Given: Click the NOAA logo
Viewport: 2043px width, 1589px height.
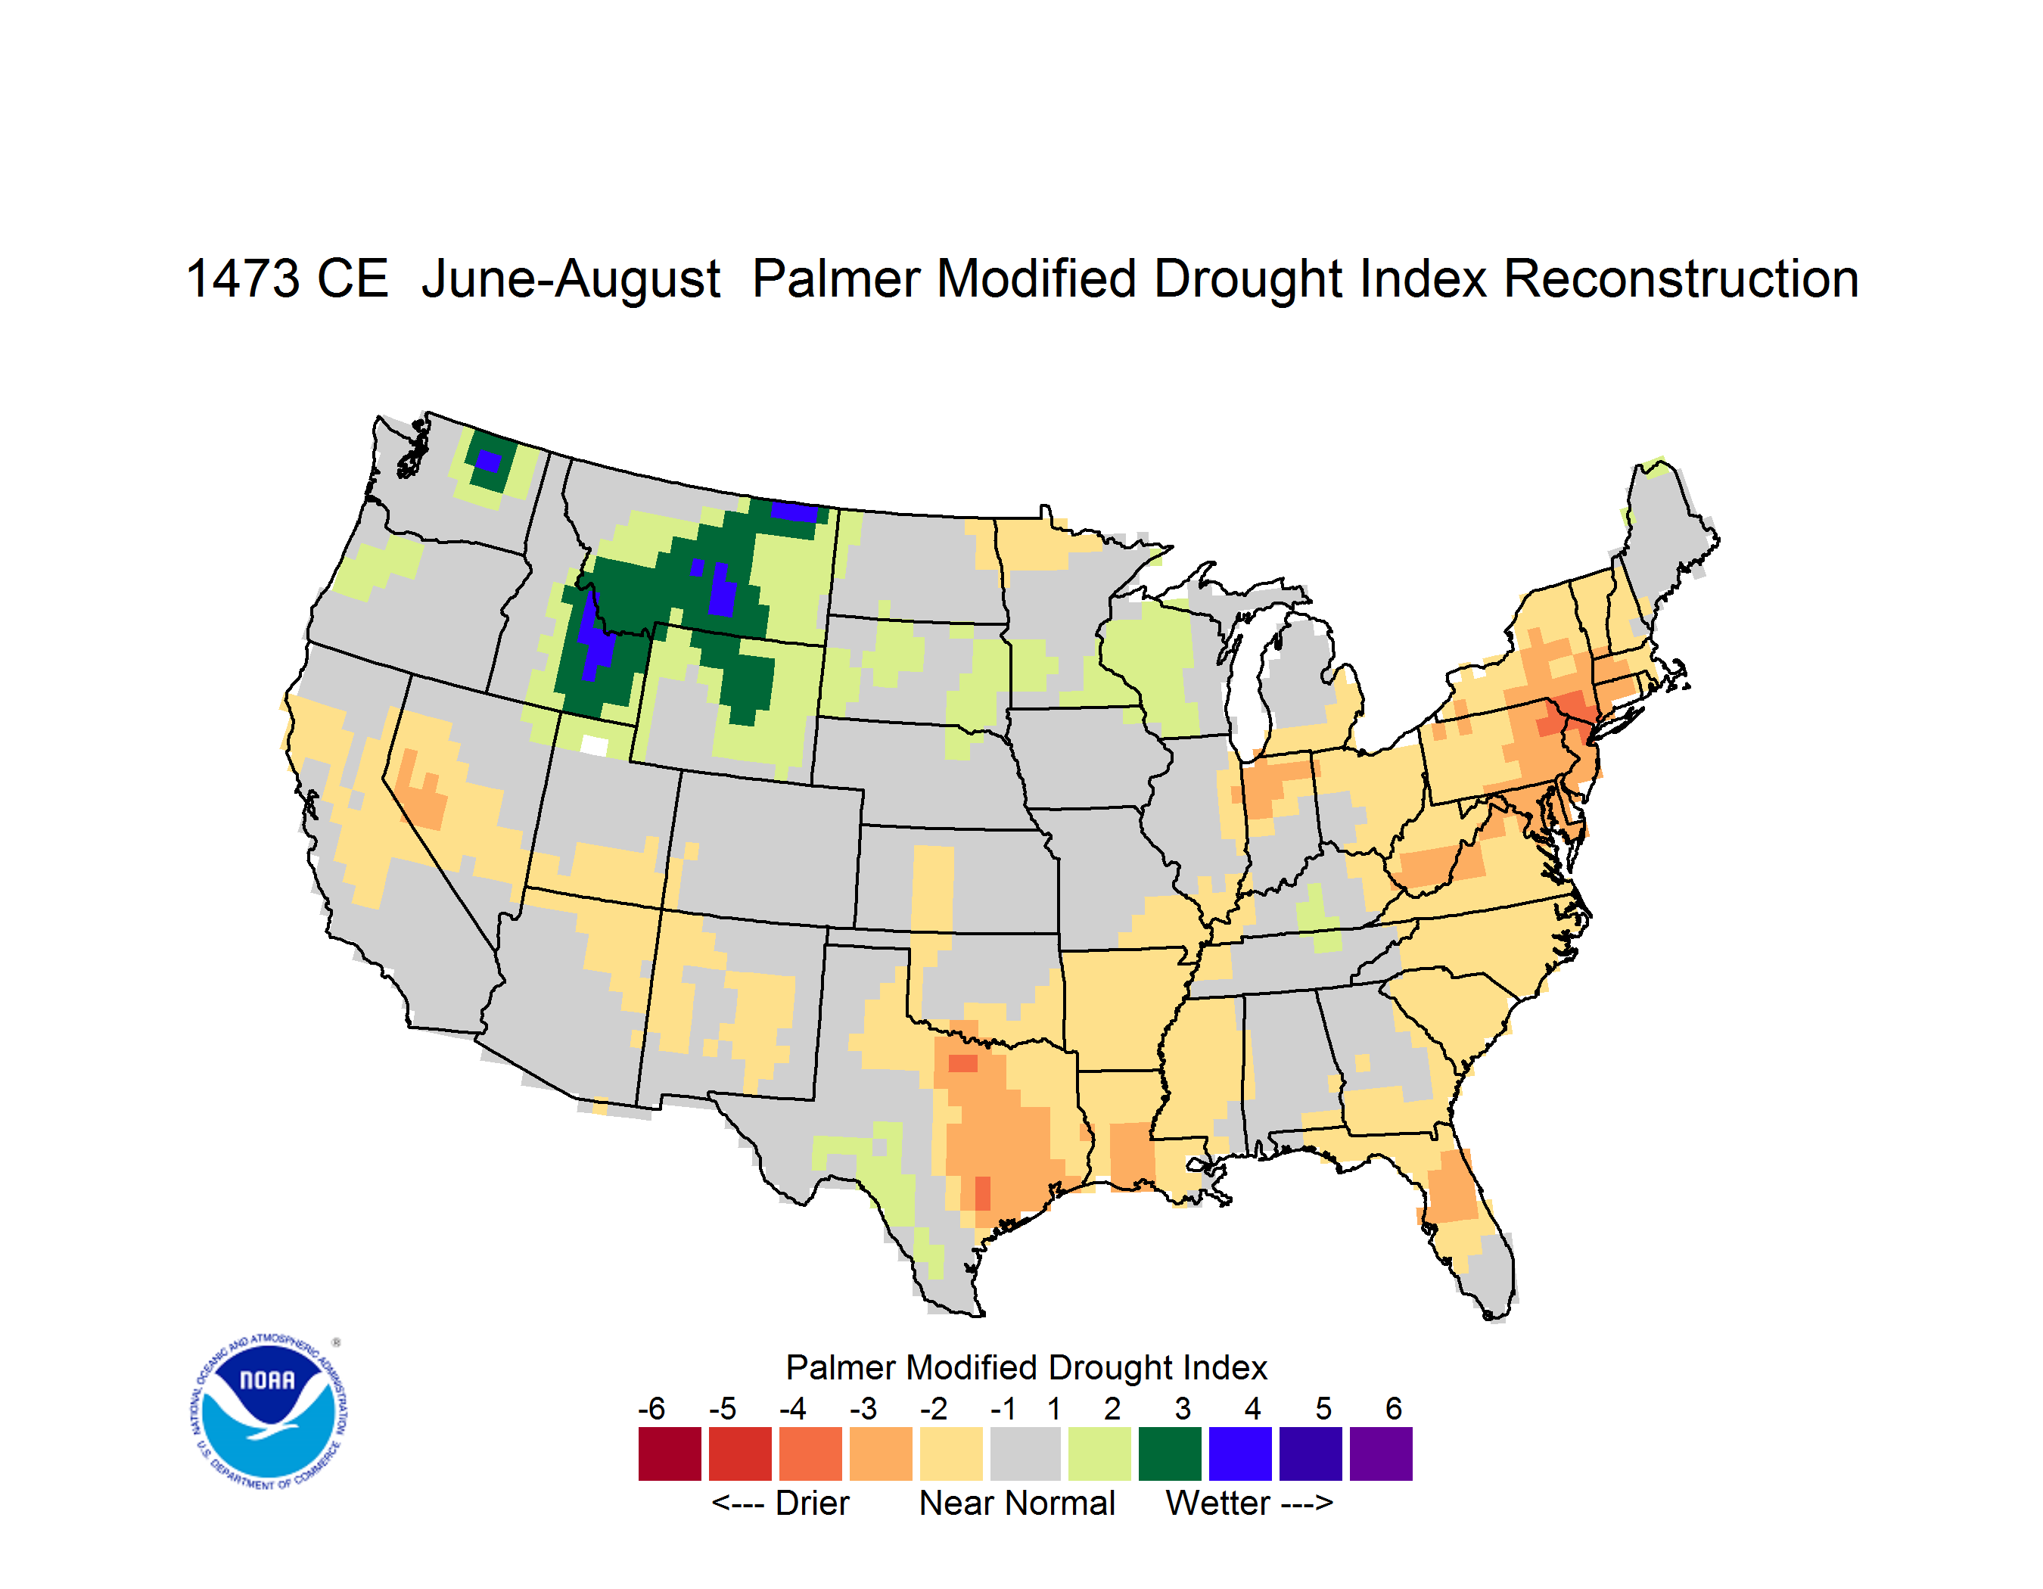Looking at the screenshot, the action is click(269, 1412).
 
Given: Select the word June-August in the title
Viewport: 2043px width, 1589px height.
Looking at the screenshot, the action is click(571, 281).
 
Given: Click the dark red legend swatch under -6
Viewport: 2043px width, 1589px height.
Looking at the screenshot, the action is click(670, 1454).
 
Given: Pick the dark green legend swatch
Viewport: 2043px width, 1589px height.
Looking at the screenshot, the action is click(1169, 1454).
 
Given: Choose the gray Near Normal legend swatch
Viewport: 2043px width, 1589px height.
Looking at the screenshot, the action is click(1025, 1454).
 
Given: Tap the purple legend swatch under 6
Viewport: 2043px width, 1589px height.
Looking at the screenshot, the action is click(1381, 1454).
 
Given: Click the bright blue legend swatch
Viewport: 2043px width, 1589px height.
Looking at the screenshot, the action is click(1240, 1454).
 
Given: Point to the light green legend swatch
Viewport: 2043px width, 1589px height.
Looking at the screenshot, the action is click(1099, 1454).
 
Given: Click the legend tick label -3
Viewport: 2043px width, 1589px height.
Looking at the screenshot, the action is click(863, 1407).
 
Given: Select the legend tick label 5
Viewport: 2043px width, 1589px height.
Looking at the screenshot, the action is click(1323, 1407).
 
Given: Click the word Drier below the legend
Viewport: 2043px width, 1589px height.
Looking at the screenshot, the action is click(812, 1503).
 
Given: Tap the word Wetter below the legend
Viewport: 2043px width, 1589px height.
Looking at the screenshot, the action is click(1218, 1503).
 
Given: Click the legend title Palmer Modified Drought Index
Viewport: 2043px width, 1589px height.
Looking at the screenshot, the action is click(1026, 1367).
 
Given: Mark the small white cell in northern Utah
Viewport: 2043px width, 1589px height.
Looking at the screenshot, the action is click(594, 745).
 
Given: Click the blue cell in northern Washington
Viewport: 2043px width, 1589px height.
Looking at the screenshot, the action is click(488, 461).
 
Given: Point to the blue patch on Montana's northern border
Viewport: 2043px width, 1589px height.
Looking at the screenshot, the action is click(794, 512).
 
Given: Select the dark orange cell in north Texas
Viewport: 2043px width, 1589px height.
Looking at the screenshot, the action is click(962, 1063).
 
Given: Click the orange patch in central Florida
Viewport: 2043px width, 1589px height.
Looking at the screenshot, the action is click(1451, 1186).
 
